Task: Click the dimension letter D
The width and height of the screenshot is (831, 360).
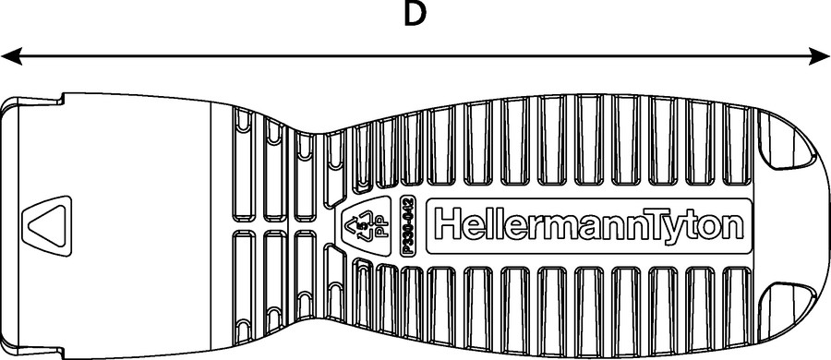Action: coord(415,15)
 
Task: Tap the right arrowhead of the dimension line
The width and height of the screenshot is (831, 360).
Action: coord(819,55)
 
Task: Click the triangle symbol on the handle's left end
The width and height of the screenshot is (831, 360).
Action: coord(47,226)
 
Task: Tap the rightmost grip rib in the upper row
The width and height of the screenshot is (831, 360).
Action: coord(737,145)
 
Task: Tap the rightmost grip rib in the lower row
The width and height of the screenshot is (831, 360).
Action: coord(737,307)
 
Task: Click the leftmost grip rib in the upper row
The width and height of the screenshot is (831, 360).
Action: coord(244,163)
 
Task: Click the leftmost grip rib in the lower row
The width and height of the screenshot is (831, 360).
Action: coord(244,287)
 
